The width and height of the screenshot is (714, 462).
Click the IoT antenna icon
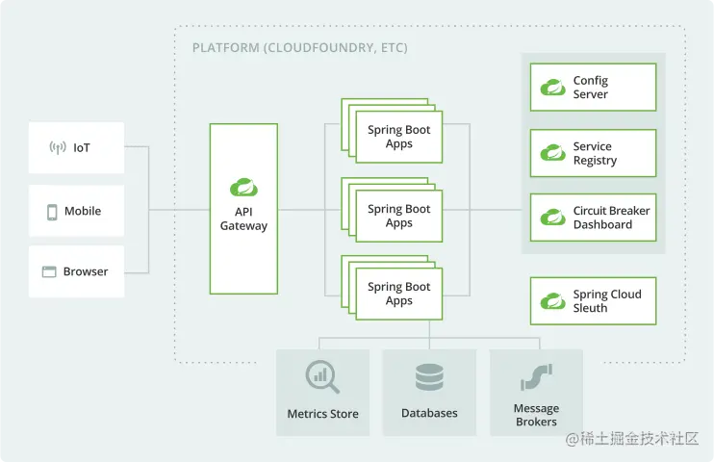pos(58,147)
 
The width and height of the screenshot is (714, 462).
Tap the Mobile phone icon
pos(52,212)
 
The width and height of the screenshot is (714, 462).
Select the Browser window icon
pos(49,272)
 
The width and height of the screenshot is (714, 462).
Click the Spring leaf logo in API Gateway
pos(243,188)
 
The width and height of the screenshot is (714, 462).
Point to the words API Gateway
pos(243,218)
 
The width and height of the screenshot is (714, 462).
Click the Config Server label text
pos(591,87)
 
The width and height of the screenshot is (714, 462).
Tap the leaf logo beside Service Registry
pos(552,153)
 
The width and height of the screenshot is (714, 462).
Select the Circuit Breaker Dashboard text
pos(612,218)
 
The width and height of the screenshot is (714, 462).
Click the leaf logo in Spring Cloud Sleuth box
pos(552,301)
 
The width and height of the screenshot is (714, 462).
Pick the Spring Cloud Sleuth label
pos(607,300)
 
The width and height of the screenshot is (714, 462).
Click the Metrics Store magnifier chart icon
pos(322,376)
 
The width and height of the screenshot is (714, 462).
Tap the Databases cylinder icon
pos(429,376)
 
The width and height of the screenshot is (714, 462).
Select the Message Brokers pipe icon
pos(536,376)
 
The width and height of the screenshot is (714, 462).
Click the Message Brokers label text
pos(536,415)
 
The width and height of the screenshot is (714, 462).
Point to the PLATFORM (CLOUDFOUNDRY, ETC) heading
pos(299,48)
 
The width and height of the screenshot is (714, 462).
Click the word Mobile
pos(83,211)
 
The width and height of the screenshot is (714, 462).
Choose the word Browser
pos(86,271)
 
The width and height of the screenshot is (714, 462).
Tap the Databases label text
pos(429,413)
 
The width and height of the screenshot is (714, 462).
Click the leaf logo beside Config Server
pos(552,87)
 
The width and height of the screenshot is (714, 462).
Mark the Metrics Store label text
pos(323,414)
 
